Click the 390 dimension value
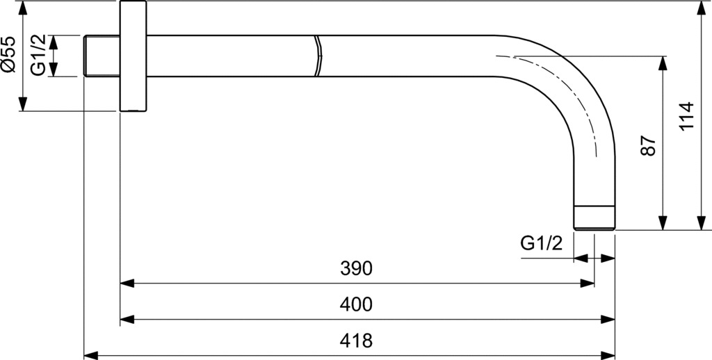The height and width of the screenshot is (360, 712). (x=356, y=269)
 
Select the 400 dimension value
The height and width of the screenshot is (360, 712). (x=356, y=304)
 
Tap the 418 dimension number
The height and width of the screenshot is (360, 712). (x=356, y=340)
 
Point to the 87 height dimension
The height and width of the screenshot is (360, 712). (x=649, y=145)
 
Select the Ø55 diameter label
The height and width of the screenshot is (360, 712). (x=8, y=54)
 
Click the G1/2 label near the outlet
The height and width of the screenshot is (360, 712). (x=541, y=244)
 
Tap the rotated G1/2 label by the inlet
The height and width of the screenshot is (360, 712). (x=38, y=56)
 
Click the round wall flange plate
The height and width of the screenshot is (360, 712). (x=133, y=56)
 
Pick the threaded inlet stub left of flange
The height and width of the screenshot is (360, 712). (x=102, y=56)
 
